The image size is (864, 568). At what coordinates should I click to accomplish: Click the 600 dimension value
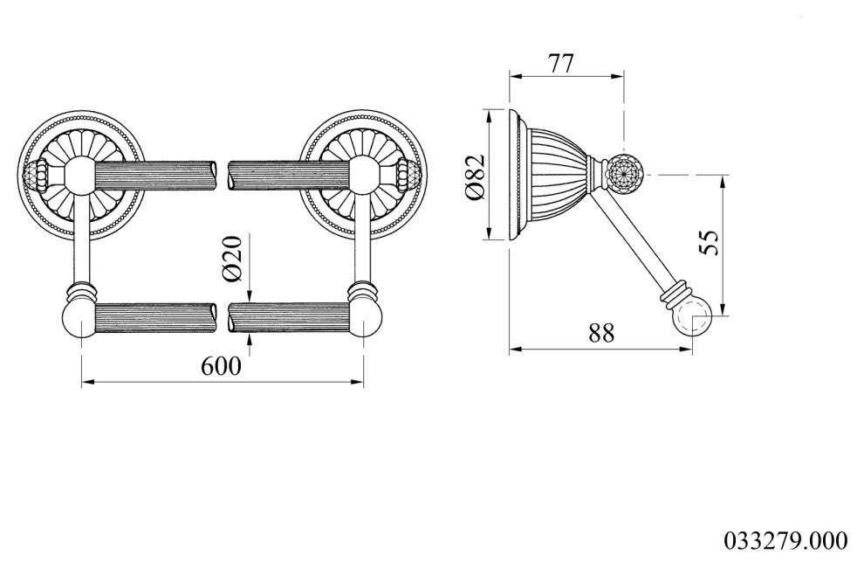pos(221,365)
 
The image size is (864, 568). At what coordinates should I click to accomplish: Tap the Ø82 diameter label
pos(475,177)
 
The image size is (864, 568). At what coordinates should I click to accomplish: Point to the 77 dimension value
pos(561,64)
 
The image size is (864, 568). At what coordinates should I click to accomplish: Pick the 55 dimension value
pos(710,242)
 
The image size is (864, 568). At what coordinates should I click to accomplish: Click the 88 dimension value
pos(600,333)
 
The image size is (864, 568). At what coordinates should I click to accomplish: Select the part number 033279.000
pos(785,540)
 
